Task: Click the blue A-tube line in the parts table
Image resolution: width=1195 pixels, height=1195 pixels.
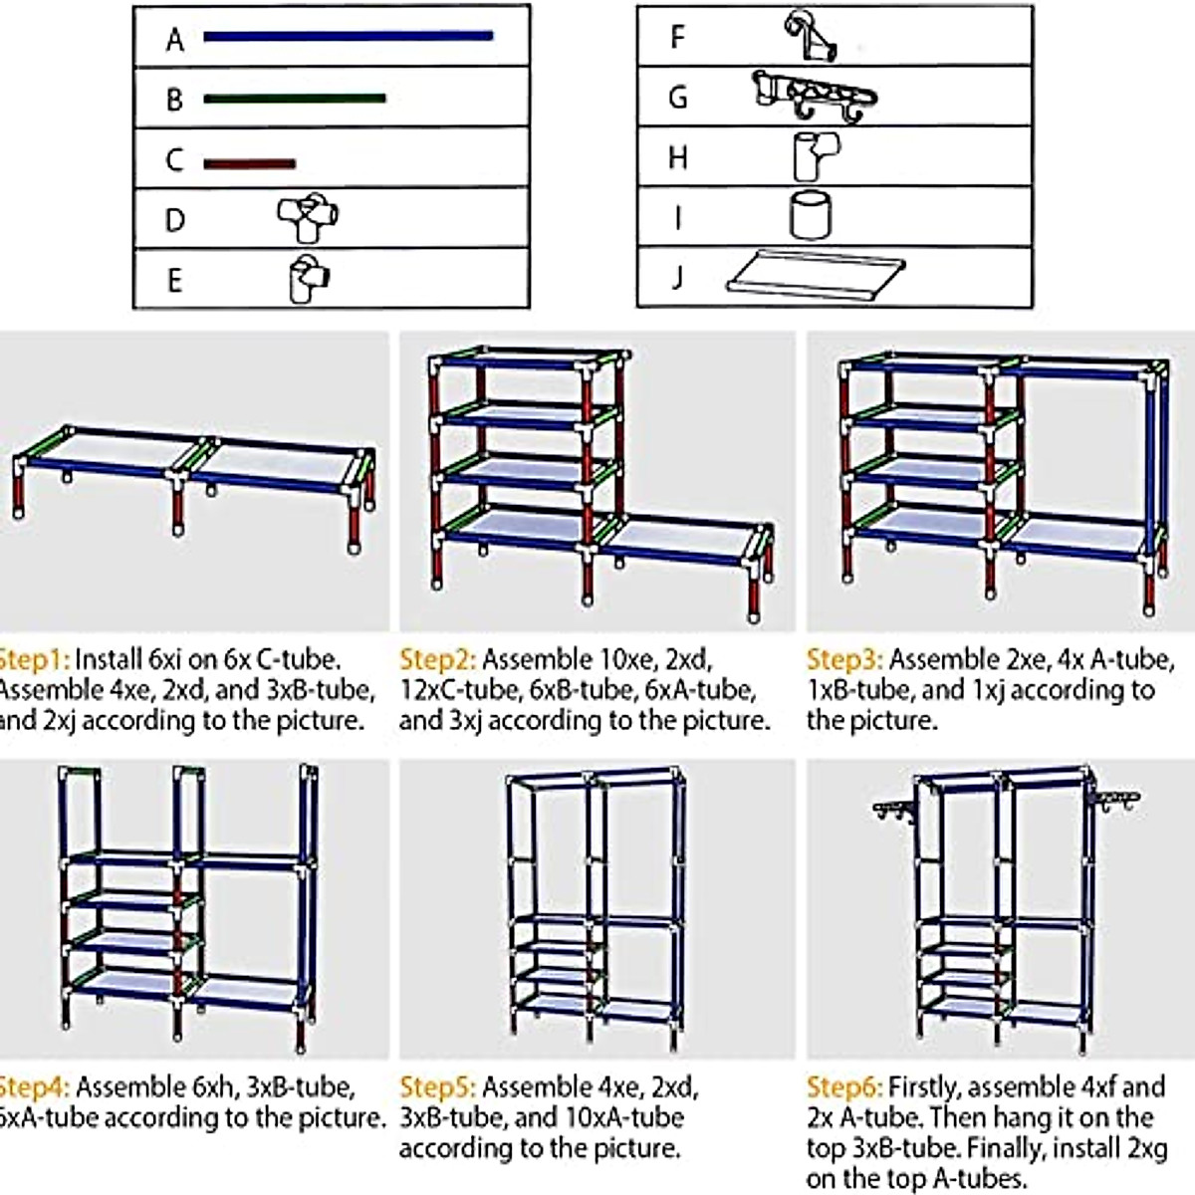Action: (348, 37)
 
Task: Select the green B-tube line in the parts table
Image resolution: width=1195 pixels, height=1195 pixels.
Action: (294, 99)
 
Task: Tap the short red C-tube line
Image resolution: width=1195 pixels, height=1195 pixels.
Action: (249, 163)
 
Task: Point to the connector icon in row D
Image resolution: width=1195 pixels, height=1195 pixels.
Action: (308, 217)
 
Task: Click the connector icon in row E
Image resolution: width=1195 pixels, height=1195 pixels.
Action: (309, 280)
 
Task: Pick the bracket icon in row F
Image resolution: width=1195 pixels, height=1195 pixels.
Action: (809, 37)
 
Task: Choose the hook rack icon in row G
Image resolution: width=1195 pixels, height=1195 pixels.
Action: (815, 98)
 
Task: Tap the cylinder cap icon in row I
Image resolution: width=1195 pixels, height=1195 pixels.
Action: (811, 216)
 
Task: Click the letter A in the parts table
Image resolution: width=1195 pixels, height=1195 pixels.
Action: (175, 40)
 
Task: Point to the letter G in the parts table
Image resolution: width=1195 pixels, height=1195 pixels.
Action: (678, 99)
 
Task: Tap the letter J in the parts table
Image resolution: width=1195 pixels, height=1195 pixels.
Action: (677, 276)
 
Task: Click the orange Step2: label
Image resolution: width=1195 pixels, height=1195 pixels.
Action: (437, 660)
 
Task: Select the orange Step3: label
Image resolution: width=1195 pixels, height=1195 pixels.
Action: (844, 660)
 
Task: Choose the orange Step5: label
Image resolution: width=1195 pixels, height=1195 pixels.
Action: (437, 1087)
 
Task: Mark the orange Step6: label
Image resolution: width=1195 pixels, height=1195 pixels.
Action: (844, 1087)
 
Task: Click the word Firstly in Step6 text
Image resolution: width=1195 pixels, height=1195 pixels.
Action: (924, 1087)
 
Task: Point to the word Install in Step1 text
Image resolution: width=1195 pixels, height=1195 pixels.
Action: (109, 660)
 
